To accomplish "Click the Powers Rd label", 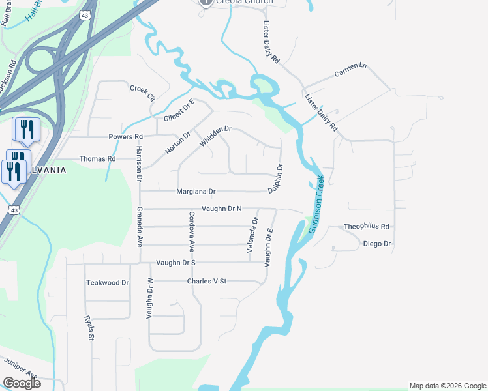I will (x=125, y=137).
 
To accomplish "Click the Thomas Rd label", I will (x=97, y=158).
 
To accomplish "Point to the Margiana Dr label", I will (x=196, y=192).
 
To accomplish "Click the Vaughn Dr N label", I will (x=221, y=209).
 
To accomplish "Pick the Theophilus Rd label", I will (x=366, y=227).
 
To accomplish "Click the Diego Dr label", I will (x=376, y=244).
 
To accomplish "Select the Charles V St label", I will (x=206, y=281).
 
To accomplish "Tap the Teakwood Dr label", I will (x=108, y=283).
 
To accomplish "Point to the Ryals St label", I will (x=89, y=328).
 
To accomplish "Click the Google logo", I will (x=22, y=383).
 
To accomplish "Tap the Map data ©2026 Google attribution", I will (x=447, y=386).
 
